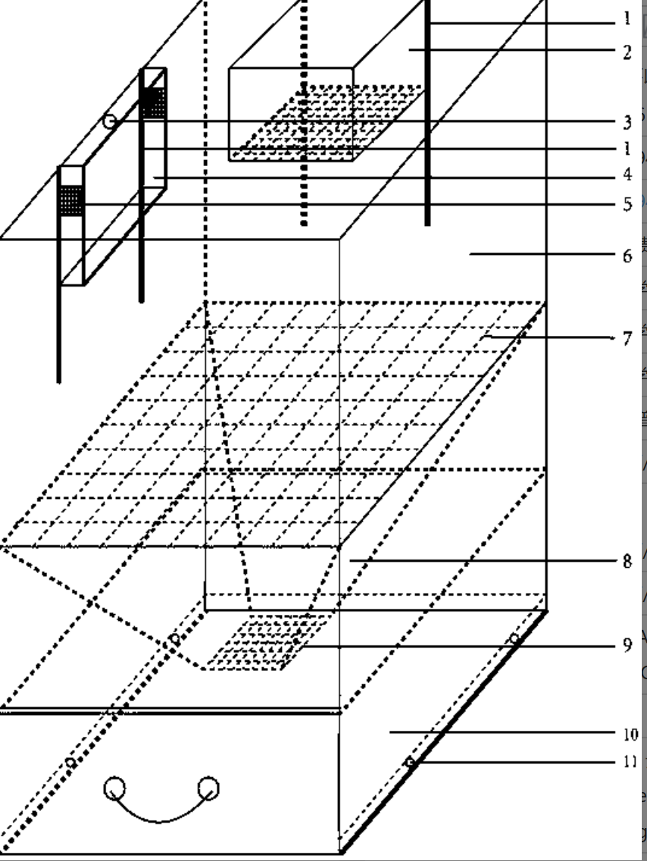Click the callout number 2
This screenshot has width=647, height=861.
[628, 52]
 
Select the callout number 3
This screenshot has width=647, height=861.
[628, 120]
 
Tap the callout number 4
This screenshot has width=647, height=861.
[628, 175]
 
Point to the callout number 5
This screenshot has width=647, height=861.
[628, 203]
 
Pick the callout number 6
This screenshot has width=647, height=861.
[628, 255]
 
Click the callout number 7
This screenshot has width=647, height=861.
[628, 338]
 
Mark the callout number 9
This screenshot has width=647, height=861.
[628, 645]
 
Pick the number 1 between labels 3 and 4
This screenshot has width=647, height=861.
[628, 148]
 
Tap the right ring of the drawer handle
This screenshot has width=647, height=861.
[209, 787]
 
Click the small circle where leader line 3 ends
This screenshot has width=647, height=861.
[110, 121]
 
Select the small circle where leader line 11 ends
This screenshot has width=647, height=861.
[410, 762]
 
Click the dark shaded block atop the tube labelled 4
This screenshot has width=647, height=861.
[153, 103]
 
